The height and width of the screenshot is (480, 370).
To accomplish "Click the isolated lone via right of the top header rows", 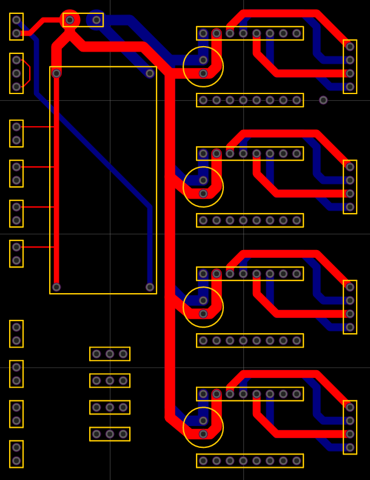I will click(x=323, y=100).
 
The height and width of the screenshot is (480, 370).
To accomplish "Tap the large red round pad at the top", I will click(x=70, y=20).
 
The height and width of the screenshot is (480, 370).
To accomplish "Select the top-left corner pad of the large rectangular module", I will click(x=56, y=73).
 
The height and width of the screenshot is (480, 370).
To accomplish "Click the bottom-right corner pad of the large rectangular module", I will click(x=150, y=287).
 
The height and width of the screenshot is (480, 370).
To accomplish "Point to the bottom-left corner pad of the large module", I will click(x=56, y=287).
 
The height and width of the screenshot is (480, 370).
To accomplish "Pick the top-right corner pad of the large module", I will click(x=150, y=73).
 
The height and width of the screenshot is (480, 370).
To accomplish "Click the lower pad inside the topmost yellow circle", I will click(x=203, y=73).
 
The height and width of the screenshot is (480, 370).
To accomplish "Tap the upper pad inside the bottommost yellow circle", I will click(x=203, y=421).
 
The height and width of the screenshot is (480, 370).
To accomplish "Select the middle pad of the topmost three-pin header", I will click(x=110, y=354).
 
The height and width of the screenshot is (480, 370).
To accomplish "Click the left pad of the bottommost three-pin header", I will click(x=96, y=434).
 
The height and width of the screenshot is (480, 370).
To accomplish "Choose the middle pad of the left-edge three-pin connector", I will click(x=16, y=73).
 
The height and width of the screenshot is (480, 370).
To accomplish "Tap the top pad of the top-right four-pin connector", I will click(x=350, y=47).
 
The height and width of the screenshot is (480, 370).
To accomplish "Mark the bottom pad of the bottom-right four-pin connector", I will click(x=350, y=447).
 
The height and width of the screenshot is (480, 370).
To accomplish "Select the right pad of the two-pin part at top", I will click(x=96, y=20).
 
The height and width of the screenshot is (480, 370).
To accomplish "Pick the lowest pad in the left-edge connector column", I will click(x=16, y=461).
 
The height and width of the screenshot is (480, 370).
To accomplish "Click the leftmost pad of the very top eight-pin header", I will click(x=203, y=33).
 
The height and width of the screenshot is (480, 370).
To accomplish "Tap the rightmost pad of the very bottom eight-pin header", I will click(x=297, y=461).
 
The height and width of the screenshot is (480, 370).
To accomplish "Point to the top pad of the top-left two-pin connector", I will click(x=16, y=20).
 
